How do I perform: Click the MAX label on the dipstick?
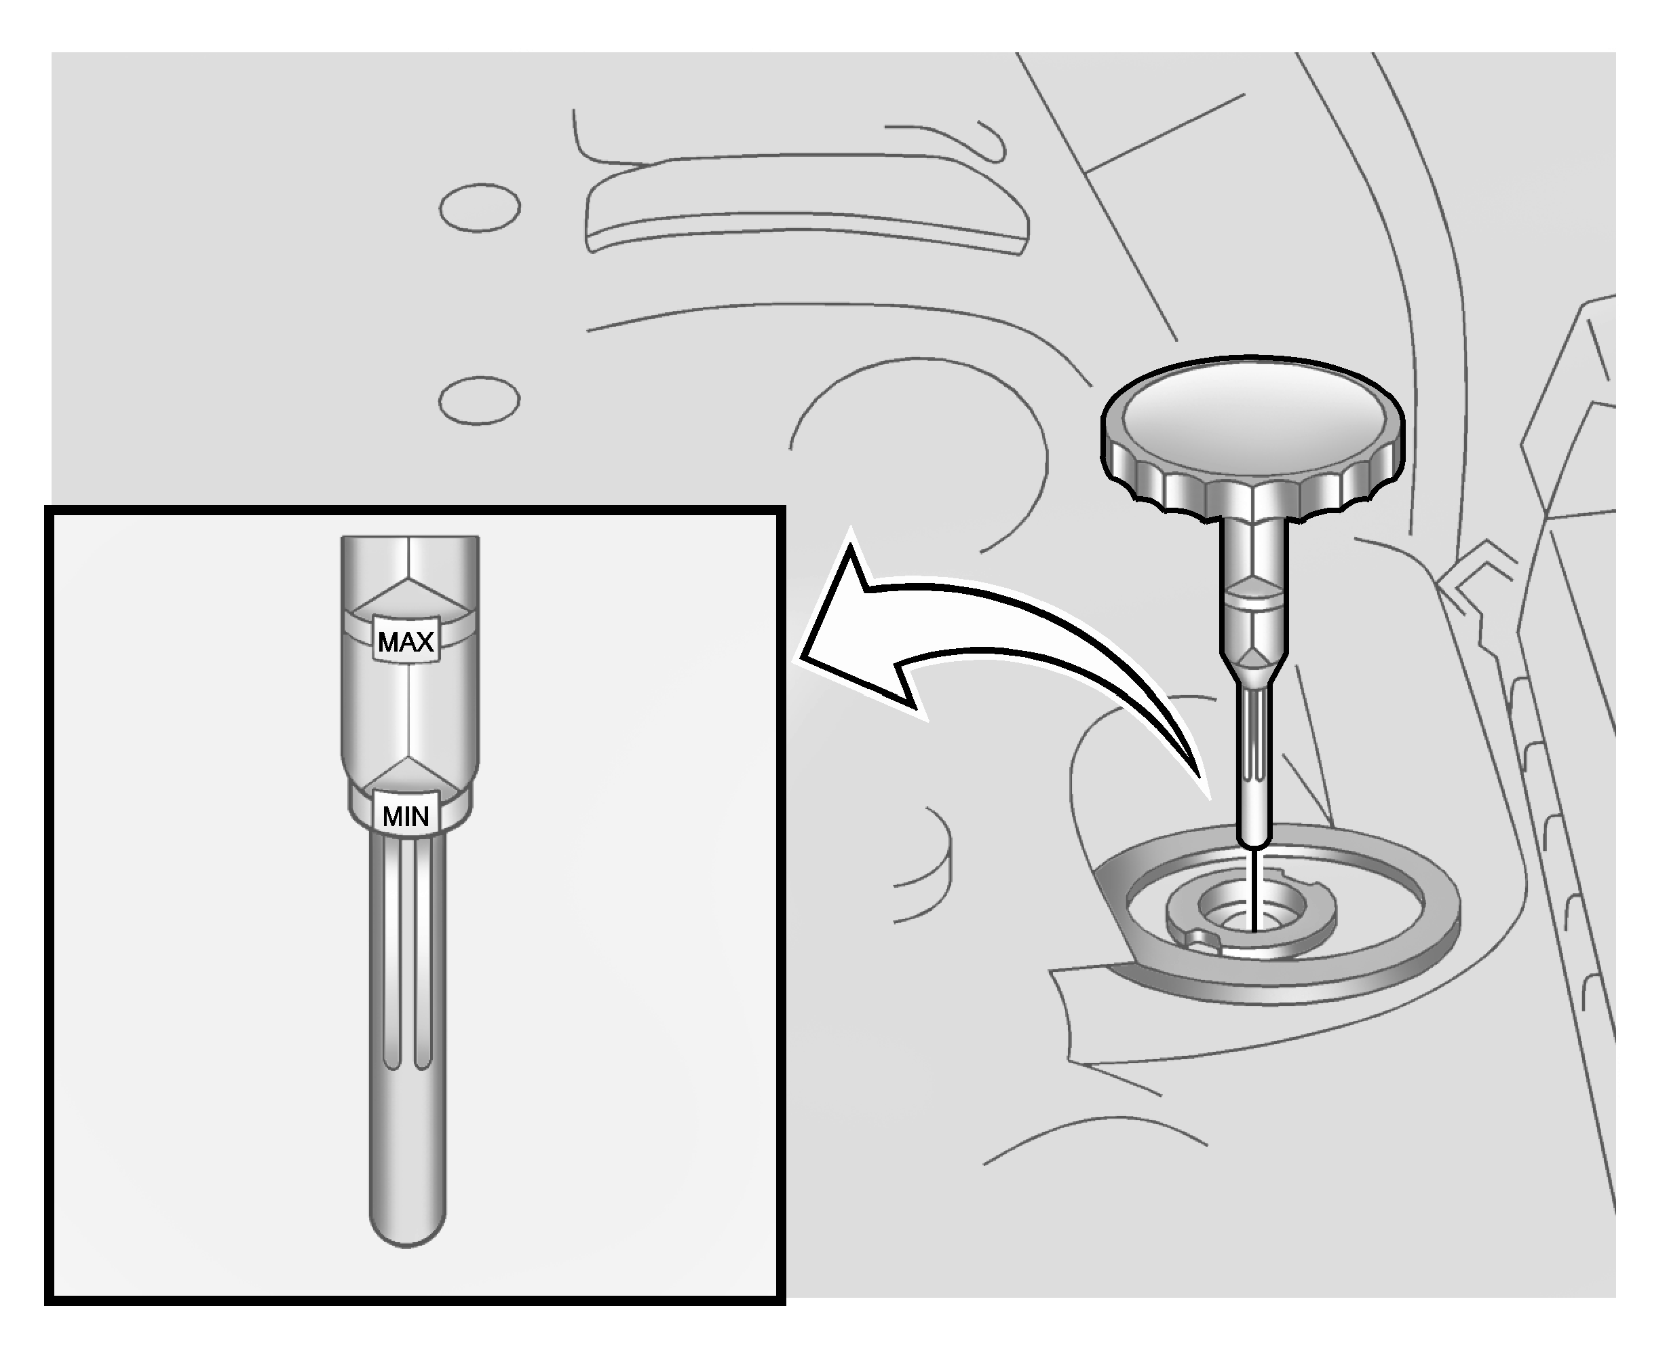click(405, 641)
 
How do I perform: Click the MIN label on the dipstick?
click(405, 815)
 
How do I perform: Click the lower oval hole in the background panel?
click(479, 400)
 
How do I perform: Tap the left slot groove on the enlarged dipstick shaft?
click(392, 955)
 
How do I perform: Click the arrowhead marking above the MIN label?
click(408, 772)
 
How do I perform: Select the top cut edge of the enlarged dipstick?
click(410, 538)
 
